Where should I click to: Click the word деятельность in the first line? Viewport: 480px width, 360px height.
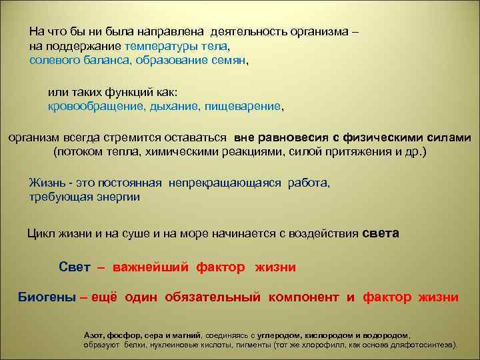[x=247, y=31]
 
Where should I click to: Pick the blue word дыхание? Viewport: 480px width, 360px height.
[x=172, y=105]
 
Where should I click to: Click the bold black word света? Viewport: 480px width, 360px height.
[x=380, y=234]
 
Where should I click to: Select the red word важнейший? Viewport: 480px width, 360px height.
[x=151, y=267]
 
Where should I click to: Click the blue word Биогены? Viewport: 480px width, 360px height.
[x=46, y=297]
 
